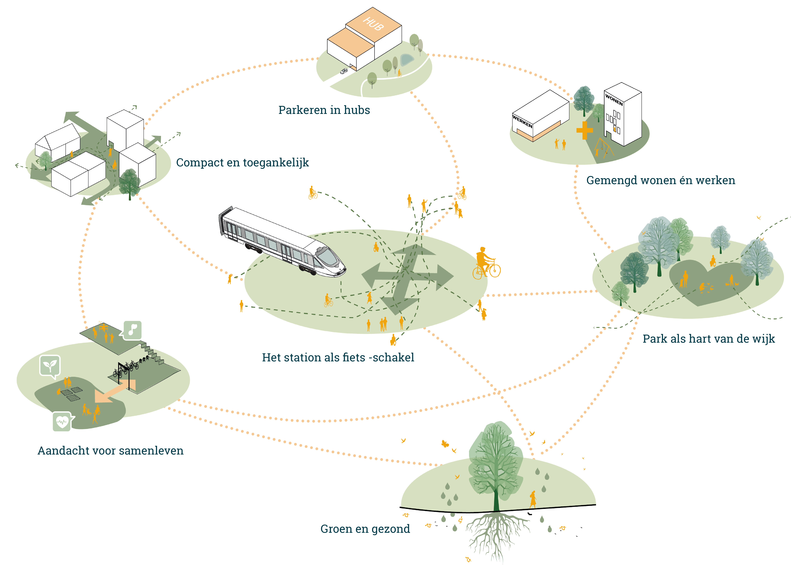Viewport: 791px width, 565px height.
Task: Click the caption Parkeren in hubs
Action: tap(324, 110)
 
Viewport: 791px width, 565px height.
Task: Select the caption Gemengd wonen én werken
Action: tap(661, 180)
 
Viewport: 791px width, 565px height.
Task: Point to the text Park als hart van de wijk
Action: tap(709, 339)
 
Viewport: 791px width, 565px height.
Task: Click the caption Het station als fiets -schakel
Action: tap(338, 357)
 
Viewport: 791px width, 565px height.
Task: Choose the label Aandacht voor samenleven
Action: tap(110, 451)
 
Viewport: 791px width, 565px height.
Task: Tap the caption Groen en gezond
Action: tap(365, 529)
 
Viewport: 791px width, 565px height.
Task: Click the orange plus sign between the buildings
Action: tap(584, 130)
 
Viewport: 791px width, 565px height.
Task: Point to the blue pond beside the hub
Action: tap(407, 60)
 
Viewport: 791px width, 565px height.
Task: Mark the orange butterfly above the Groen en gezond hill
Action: tap(445, 444)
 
